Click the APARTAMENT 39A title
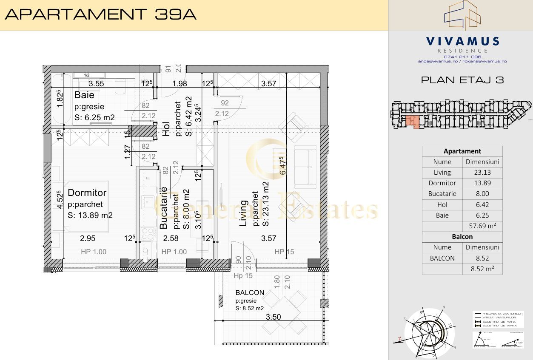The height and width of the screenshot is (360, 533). [x=100, y=14]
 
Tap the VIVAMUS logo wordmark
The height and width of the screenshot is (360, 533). [x=462, y=41]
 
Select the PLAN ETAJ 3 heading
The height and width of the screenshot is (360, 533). [x=462, y=80]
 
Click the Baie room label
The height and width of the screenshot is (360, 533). [x=84, y=95]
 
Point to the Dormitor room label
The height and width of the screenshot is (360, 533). [x=87, y=193]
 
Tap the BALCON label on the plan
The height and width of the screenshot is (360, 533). [x=250, y=292]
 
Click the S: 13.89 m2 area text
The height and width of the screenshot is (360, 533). [x=90, y=215]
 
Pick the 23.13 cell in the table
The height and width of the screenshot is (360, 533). [x=482, y=173]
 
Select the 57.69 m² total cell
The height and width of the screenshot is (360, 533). [x=482, y=226]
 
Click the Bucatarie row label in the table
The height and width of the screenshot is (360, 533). [x=442, y=194]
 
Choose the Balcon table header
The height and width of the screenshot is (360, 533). [x=462, y=237]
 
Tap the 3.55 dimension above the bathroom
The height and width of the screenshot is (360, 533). [x=97, y=84]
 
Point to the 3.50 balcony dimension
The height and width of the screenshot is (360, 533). [x=273, y=317]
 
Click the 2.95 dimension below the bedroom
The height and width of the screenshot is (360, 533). [x=88, y=238]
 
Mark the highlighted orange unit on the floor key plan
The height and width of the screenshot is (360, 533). [x=412, y=121]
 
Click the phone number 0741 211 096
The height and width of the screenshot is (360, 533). [x=462, y=57]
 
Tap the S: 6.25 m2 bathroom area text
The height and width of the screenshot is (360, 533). [x=94, y=118]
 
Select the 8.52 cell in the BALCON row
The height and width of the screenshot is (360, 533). [x=482, y=258]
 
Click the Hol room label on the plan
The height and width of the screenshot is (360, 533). [x=166, y=129]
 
